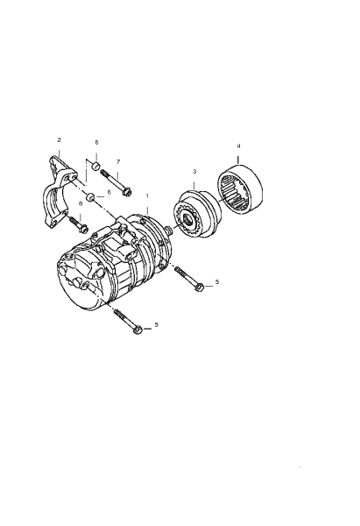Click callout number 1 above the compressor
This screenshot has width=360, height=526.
(147, 195)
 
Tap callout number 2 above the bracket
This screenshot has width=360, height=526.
(60, 139)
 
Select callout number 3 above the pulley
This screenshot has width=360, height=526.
(194, 172)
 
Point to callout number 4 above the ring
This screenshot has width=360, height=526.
(238, 146)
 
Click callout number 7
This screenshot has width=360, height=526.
(118, 162)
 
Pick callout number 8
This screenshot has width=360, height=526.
(81, 203)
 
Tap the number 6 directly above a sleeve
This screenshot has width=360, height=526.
(96, 143)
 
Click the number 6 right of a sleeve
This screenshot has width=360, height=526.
(109, 192)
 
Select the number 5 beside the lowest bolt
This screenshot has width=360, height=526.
(156, 324)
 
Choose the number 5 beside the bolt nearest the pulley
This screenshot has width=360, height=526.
(217, 281)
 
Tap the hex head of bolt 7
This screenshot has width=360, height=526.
(129, 193)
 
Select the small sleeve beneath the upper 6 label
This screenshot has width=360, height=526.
(96, 166)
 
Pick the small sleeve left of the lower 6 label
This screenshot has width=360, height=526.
(91, 197)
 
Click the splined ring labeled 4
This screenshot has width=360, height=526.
(241, 189)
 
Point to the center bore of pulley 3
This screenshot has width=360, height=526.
(187, 221)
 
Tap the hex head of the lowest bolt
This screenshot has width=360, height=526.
(138, 331)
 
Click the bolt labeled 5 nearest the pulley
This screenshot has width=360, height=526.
(189, 277)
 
